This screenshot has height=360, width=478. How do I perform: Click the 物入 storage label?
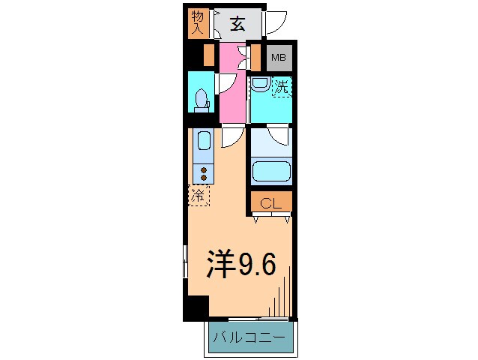pyautogui.click(x=197, y=22)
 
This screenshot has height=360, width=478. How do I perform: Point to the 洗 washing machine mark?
pyautogui.click(x=281, y=87)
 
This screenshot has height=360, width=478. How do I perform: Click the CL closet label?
pyautogui.click(x=270, y=203)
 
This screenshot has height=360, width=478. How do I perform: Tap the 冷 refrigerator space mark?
pyautogui.click(x=199, y=196)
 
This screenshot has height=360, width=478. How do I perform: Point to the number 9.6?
pyautogui.click(x=258, y=264)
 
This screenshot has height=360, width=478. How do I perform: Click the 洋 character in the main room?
pyautogui.click(x=222, y=264)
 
